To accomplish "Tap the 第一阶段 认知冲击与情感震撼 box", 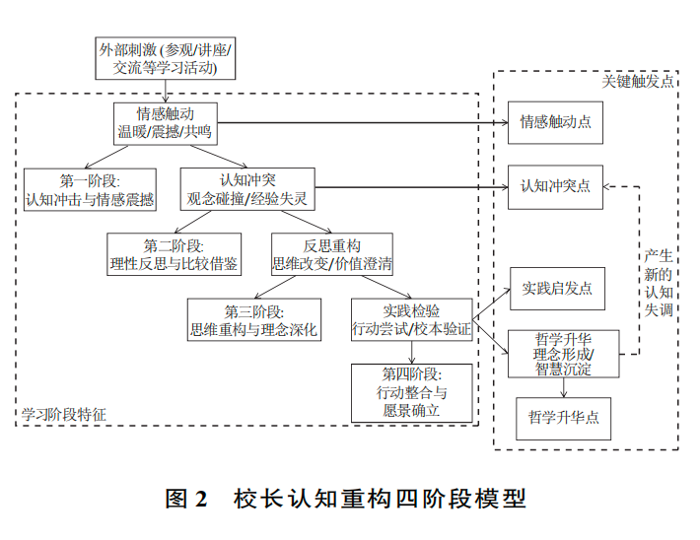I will click(x=91, y=189).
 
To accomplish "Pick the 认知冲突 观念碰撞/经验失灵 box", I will click(x=247, y=189).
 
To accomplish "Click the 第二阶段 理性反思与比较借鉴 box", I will click(x=174, y=254).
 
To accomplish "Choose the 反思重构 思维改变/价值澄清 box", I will click(x=332, y=254).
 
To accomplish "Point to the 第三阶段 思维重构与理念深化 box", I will click(x=253, y=321).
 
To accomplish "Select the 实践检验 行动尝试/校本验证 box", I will click(x=411, y=321).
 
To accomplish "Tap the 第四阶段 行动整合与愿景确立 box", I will click(x=411, y=392).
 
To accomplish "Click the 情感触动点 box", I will click(x=555, y=123).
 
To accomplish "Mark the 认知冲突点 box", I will click(x=555, y=186).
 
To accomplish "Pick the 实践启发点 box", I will click(x=556, y=289).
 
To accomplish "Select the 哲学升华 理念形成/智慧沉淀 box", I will click(x=562, y=353).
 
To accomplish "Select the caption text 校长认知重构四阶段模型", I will click(x=381, y=498).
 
